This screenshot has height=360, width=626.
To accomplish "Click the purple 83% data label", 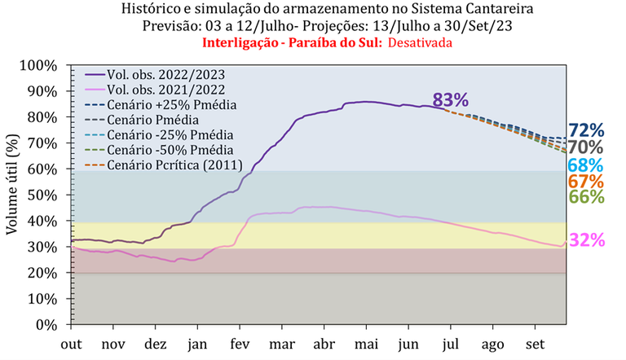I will click(x=450, y=100).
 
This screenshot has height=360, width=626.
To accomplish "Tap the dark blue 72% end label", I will click(x=586, y=130).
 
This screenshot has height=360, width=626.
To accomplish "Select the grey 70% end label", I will click(x=586, y=147).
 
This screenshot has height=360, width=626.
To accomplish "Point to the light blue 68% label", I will click(x=586, y=165).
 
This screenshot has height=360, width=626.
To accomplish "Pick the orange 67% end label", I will click(x=586, y=182).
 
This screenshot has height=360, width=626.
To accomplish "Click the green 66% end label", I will click(x=586, y=197).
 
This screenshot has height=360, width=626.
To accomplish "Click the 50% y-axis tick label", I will click(x=42, y=195).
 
